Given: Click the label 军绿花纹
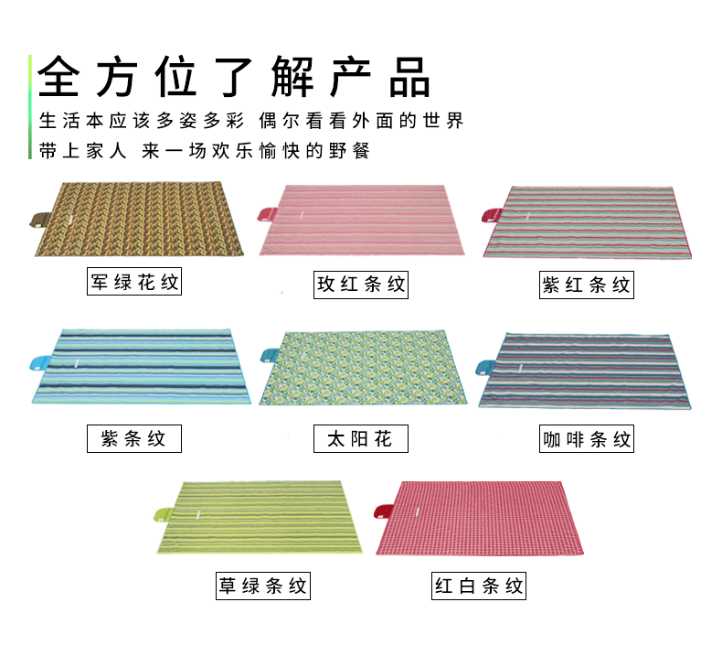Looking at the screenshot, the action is click(134, 282).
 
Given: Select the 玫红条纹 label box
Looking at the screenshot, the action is click(360, 284).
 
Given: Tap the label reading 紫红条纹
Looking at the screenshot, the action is click(586, 285).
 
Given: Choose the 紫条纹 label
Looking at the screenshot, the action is click(134, 438).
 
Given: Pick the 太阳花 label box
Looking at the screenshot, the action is click(360, 438).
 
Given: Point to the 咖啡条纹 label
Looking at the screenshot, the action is click(586, 440).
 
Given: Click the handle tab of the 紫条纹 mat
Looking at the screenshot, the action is click(38, 361).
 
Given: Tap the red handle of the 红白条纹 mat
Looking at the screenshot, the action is click(386, 510).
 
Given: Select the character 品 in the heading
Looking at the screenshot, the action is click(409, 78).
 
